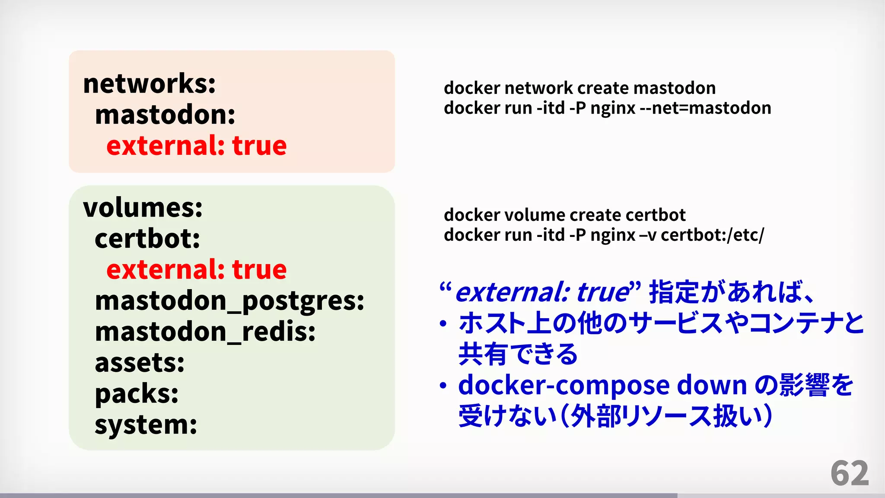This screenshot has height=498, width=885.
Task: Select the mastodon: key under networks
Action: click(165, 115)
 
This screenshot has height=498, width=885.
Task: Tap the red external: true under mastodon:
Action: click(196, 146)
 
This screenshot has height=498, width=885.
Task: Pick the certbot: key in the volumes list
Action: click(147, 239)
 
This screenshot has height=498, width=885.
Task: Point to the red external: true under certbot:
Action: click(196, 270)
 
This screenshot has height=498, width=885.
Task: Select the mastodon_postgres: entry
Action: click(229, 301)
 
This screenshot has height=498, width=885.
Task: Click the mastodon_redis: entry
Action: click(205, 332)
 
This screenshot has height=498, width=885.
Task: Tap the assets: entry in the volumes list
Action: click(140, 363)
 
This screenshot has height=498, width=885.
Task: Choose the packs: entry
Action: click(137, 394)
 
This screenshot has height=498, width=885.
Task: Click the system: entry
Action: click(146, 425)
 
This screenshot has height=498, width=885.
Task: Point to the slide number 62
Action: click(849, 474)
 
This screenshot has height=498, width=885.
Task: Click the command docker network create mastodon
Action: click(579, 88)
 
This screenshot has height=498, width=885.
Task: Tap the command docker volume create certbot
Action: click(564, 215)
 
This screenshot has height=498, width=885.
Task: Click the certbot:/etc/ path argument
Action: click(712, 235)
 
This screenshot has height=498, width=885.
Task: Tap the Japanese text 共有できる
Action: click(518, 354)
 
